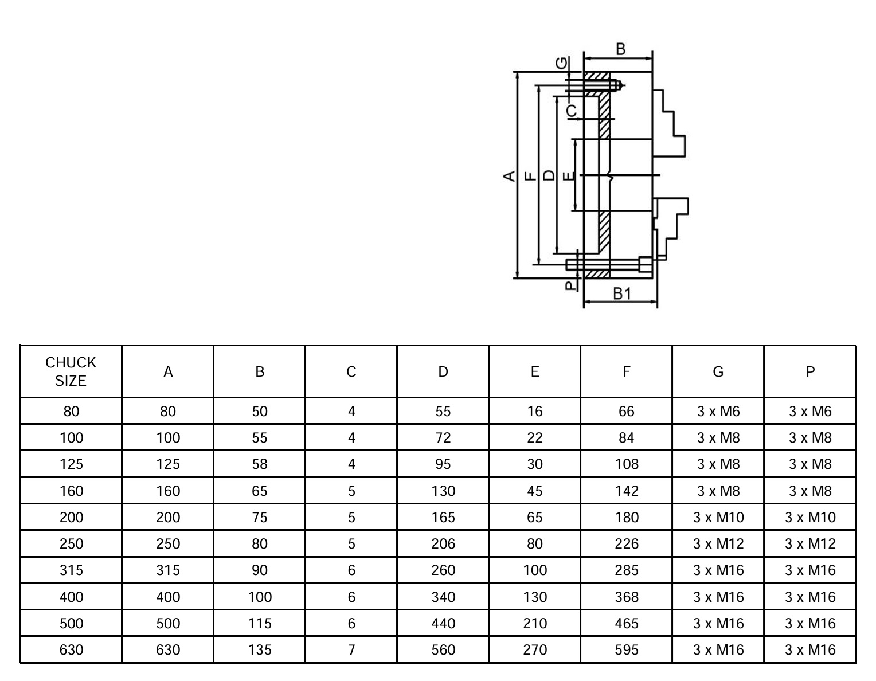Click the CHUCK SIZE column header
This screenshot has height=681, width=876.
tap(71, 371)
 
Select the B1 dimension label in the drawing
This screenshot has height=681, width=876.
tap(622, 293)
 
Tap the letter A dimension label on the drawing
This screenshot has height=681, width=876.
tap(509, 176)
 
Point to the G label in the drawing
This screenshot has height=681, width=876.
tap(561, 63)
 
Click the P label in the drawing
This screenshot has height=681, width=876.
tap(570, 285)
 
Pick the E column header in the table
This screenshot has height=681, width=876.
tap(534, 371)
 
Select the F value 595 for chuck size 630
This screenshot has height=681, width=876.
tap(627, 649)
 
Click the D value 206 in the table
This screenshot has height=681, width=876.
tap(443, 543)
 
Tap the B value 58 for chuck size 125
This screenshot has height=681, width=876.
tap(260, 464)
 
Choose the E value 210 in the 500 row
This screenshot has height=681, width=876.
tap(534, 623)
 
